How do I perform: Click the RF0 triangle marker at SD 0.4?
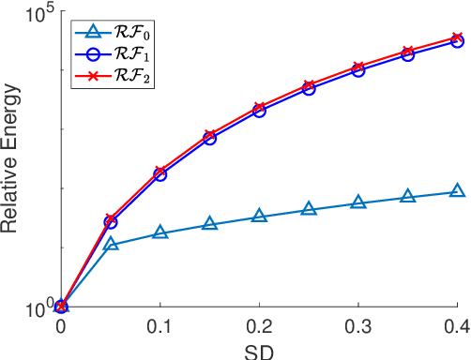pyautogui.click(x=457, y=191)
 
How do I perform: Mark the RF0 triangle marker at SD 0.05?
pyautogui.click(x=111, y=244)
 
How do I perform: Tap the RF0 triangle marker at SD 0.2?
pyautogui.click(x=259, y=217)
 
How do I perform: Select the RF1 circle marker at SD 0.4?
pyautogui.click(x=457, y=41)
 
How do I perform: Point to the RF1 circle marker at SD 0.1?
pyautogui.click(x=160, y=174)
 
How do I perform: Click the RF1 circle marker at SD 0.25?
pyautogui.click(x=309, y=88)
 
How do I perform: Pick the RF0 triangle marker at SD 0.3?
pyautogui.click(x=358, y=202)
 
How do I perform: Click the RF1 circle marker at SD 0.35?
pyautogui.click(x=408, y=54)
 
